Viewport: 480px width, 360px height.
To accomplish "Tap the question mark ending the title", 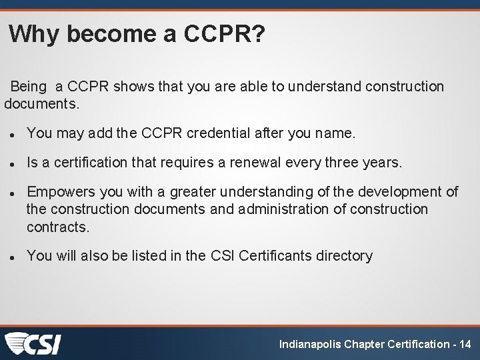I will [257, 34].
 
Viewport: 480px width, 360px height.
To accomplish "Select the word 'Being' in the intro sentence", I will [29, 87].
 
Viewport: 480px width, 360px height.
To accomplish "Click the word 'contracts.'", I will [57, 227].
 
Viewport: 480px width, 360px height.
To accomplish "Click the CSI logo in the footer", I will [33, 344].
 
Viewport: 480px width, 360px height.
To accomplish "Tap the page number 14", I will [465, 345].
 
